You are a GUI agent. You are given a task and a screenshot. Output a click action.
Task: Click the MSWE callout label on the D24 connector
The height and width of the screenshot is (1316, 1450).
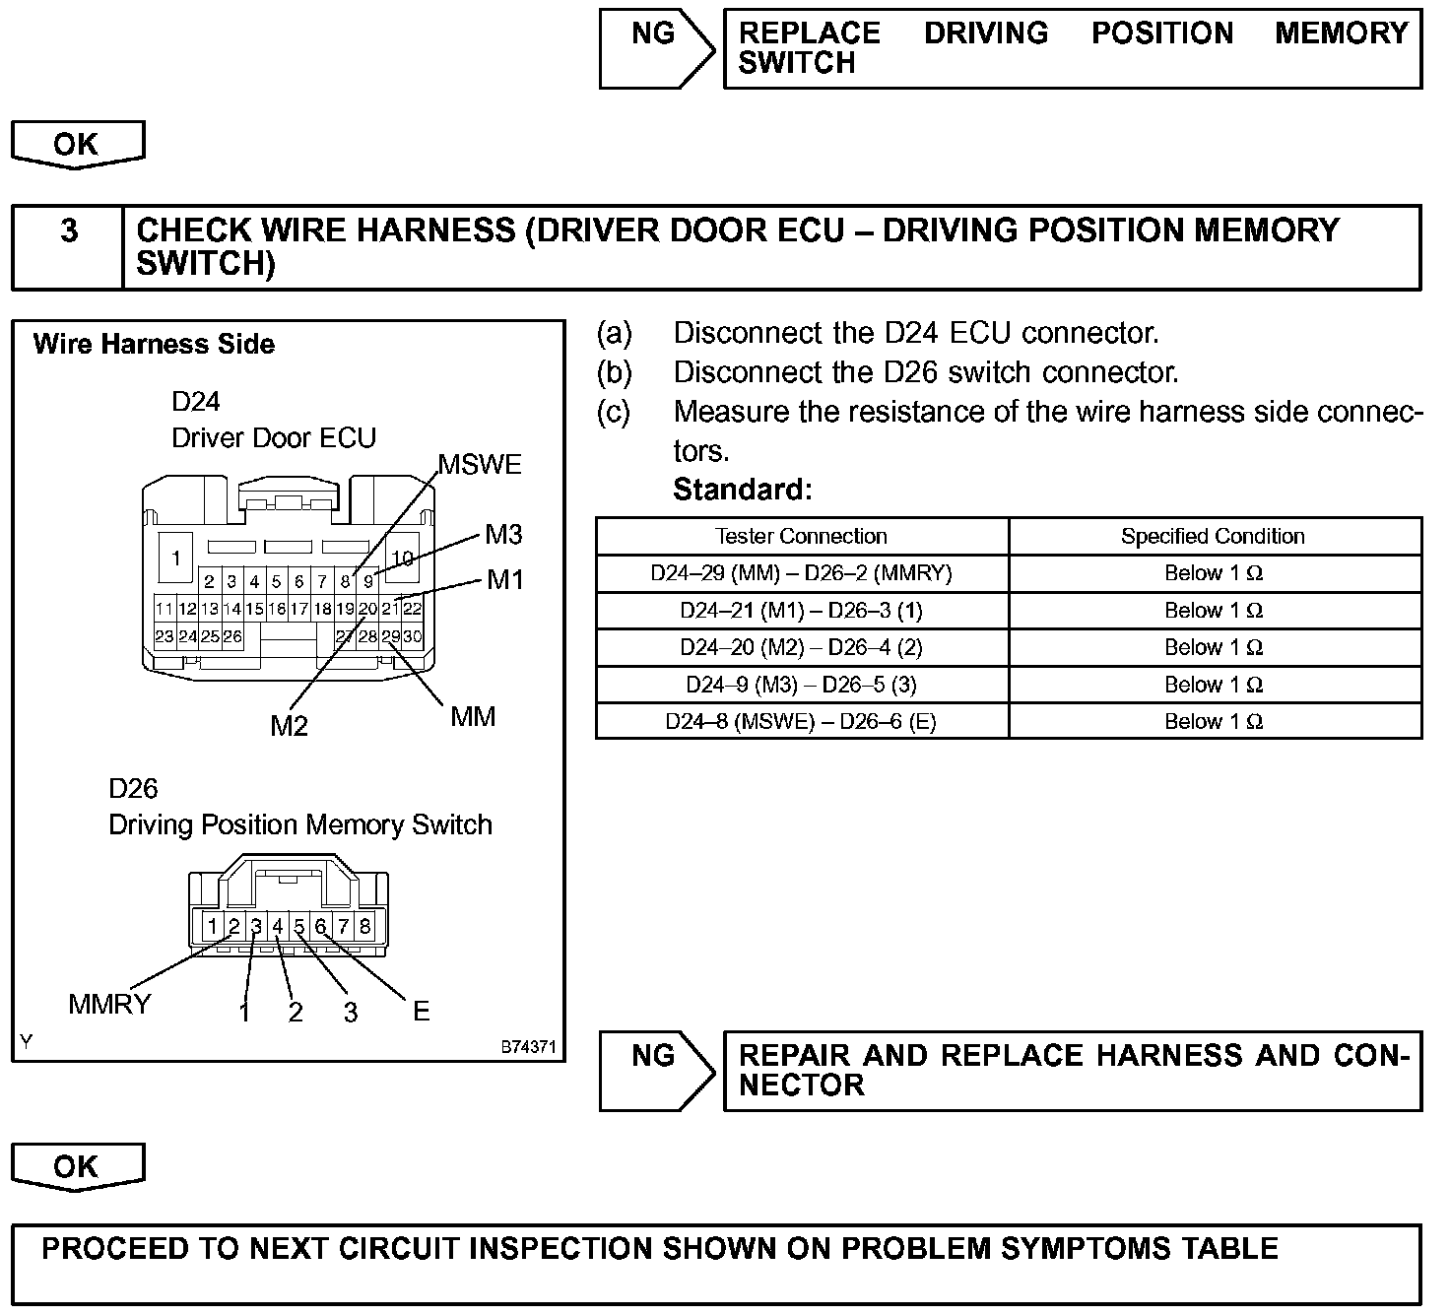(480, 465)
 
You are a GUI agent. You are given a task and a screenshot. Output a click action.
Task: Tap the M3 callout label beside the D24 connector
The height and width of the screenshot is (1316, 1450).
(503, 535)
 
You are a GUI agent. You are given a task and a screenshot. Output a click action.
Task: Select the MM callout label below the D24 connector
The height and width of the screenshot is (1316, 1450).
(473, 716)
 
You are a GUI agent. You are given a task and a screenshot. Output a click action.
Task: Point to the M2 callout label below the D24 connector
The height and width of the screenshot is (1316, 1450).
(290, 726)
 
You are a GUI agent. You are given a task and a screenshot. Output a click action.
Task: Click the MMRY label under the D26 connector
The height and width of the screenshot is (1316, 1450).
(109, 1004)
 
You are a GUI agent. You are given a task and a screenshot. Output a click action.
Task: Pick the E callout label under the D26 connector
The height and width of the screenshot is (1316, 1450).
(422, 1011)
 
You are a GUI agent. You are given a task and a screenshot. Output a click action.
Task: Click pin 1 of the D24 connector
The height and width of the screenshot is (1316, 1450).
(176, 559)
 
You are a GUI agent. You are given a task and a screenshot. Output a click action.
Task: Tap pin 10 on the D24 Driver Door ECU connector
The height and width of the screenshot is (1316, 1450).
(402, 559)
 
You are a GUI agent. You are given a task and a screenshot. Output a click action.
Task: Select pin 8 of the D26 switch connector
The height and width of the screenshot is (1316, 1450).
(365, 926)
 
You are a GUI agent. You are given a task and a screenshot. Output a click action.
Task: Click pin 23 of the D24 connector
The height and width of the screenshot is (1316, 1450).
(165, 636)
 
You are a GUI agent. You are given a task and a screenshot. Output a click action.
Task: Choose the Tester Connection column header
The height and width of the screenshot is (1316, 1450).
(801, 536)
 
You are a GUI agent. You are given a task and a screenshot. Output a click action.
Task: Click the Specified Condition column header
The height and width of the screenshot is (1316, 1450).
(1213, 536)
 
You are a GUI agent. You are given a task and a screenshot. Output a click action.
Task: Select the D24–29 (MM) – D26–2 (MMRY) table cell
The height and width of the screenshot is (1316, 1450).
(801, 573)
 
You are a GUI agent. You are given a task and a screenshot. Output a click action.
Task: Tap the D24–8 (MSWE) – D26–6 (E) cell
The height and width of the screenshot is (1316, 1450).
(801, 721)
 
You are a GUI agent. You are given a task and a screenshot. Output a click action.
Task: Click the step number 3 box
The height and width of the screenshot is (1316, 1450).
(68, 230)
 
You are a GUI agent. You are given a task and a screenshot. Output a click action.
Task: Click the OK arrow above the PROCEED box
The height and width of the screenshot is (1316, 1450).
(77, 1167)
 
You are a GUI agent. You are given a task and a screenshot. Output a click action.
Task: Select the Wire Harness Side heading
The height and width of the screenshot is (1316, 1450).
(154, 344)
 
